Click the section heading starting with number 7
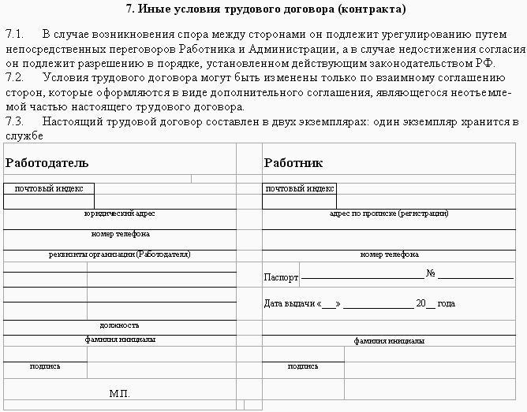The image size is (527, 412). [266, 10]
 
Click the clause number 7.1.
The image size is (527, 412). [15, 36]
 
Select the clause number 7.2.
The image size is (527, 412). [15, 78]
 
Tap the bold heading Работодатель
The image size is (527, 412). [47, 163]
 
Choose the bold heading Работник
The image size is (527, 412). [293, 163]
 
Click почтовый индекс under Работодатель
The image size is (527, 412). [49, 189]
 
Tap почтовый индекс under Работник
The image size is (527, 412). [300, 189]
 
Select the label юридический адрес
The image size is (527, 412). [119, 213]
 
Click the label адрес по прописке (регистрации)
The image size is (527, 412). [389, 213]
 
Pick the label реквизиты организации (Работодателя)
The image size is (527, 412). [120, 254]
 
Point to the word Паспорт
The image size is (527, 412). [282, 277]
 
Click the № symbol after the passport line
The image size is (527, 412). [431, 275]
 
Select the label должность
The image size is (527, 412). [119, 325]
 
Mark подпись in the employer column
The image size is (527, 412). [45, 366]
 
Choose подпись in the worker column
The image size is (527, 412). [304, 366]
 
